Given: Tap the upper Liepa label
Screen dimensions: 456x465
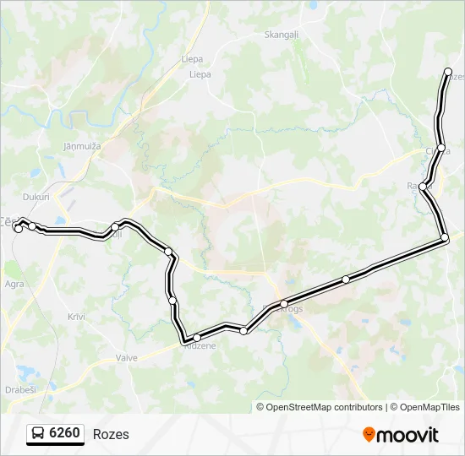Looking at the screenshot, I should click(x=192, y=60).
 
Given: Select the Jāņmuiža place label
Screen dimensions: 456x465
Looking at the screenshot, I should click(x=82, y=146).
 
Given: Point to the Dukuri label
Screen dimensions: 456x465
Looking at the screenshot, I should click(x=36, y=197).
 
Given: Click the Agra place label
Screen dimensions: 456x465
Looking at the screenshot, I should click(x=14, y=285).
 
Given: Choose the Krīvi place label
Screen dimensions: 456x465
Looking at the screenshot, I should click(x=78, y=316).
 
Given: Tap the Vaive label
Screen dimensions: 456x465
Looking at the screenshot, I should click(x=127, y=358).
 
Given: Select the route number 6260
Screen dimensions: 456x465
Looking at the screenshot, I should click(x=65, y=434).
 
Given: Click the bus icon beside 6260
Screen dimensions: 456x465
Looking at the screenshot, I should click(x=38, y=434).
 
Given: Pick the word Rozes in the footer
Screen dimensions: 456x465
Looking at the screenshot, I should click(x=111, y=434).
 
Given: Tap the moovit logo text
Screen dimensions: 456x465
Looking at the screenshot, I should click(x=408, y=435).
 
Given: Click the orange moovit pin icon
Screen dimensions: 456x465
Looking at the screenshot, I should click(x=369, y=434).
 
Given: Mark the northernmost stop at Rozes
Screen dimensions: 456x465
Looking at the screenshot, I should click(x=448, y=73).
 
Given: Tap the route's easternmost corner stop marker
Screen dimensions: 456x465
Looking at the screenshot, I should click(x=445, y=240).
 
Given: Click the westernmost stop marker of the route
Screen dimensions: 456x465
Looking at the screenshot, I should click(x=19, y=228).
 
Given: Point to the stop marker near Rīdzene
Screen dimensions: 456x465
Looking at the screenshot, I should click(x=196, y=338).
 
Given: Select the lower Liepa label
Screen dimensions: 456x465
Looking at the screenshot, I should click(x=200, y=74).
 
